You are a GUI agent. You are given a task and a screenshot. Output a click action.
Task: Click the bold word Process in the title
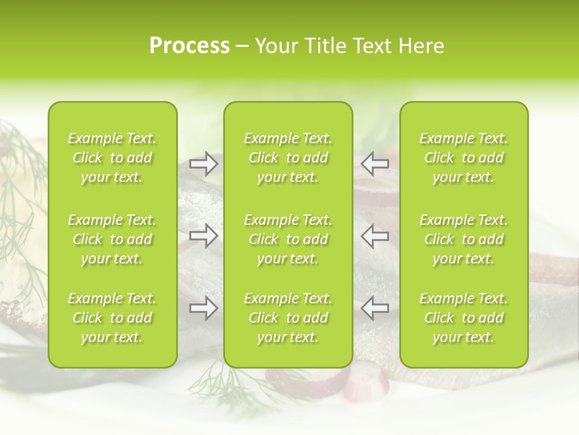click(189, 46)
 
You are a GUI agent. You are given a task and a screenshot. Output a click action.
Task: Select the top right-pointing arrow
click(203, 164)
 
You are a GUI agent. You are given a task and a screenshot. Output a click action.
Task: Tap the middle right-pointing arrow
click(203, 236)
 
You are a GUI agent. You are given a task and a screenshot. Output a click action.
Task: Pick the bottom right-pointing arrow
click(203, 308)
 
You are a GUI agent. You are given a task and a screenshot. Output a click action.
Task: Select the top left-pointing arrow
click(375, 164)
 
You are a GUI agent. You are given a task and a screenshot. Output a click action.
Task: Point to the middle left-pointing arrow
click(375, 236)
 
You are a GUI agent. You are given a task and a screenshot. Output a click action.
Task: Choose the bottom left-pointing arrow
click(375, 308)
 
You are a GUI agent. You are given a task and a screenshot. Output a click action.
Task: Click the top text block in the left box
click(112, 158)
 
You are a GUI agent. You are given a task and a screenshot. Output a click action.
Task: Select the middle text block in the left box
click(112, 239)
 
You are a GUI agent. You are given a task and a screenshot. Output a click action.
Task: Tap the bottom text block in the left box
click(112, 318)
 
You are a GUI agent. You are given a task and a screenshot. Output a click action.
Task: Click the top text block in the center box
click(288, 158)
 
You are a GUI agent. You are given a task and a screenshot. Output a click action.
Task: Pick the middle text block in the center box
click(288, 239)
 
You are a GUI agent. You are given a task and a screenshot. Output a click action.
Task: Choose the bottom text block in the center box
click(288, 318)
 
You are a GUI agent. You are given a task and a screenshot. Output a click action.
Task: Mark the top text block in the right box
click(463, 158)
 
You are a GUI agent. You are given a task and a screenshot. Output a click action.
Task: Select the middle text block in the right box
click(463, 239)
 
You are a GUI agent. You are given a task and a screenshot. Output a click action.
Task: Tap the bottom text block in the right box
click(463, 318)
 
